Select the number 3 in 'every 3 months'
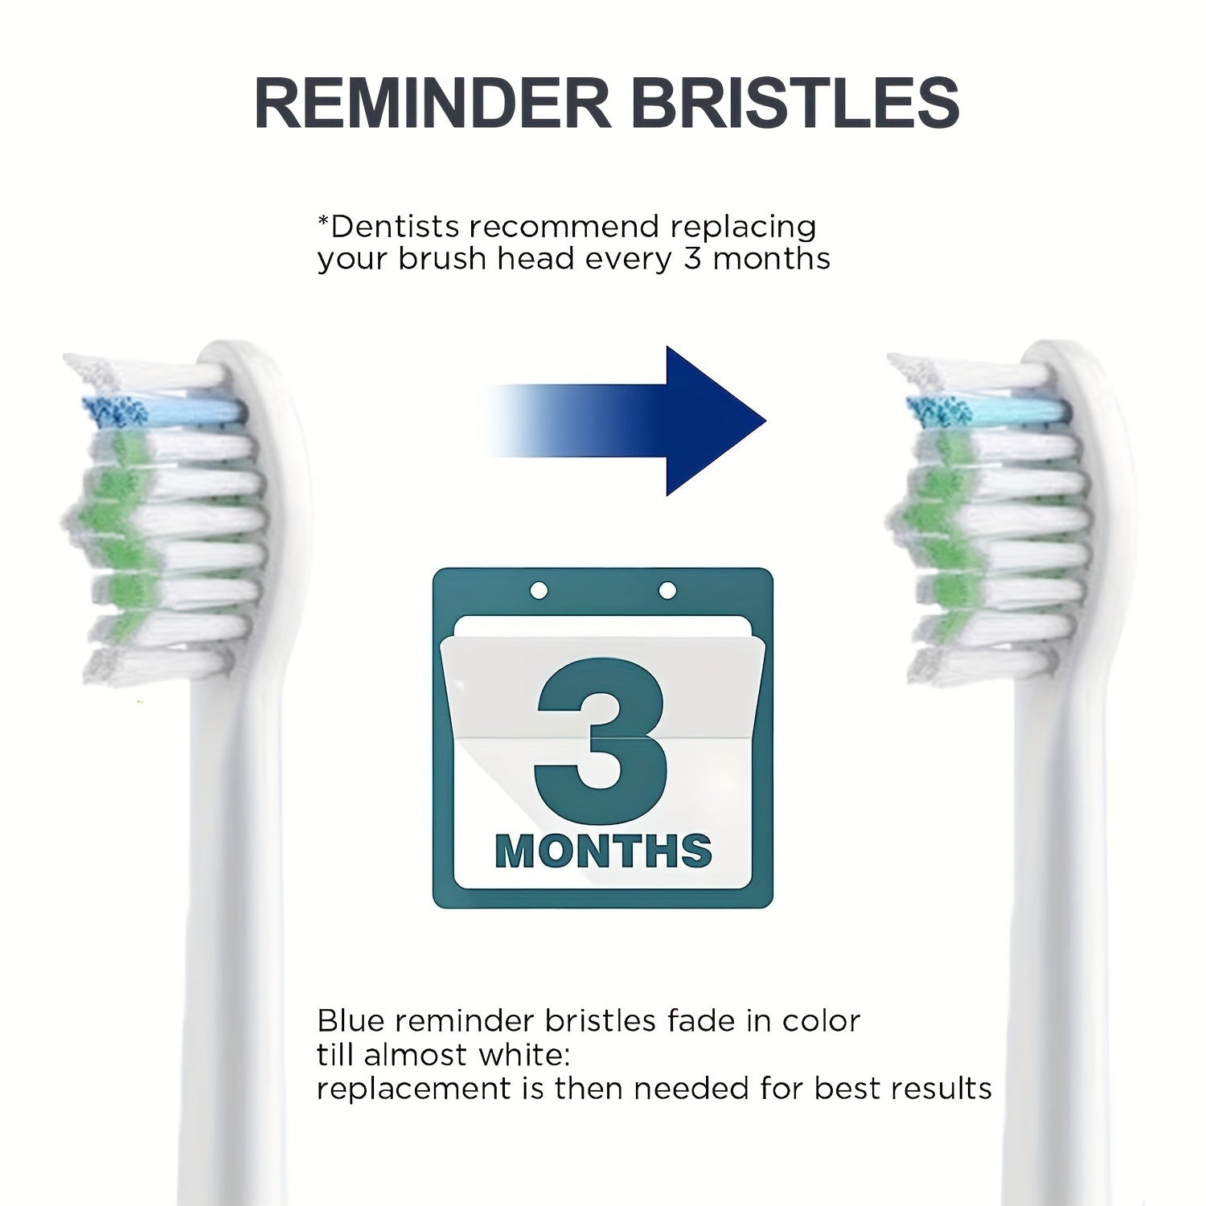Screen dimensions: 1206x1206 (693, 259)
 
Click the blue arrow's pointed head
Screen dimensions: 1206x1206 (716, 420)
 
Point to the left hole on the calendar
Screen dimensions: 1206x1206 (539, 591)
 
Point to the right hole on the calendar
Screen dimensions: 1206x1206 (667, 591)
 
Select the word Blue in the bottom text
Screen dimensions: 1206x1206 (351, 1020)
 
